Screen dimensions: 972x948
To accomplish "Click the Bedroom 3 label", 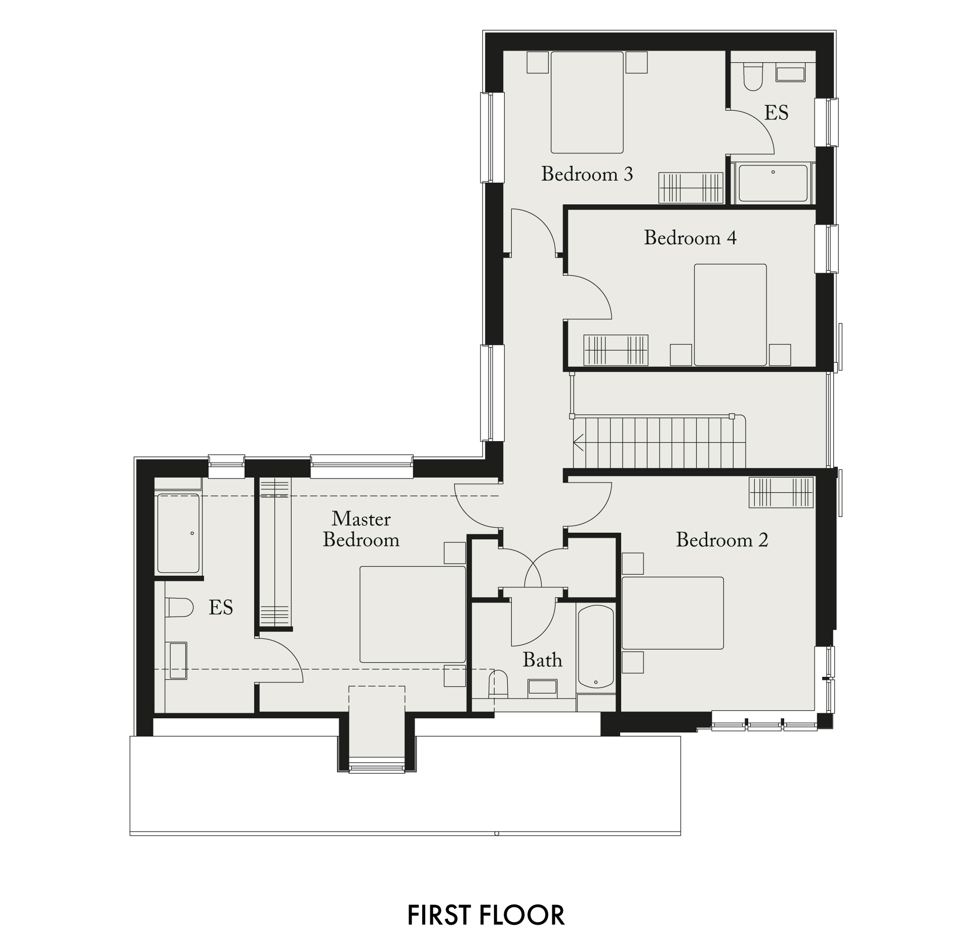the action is pyautogui.click(x=587, y=174).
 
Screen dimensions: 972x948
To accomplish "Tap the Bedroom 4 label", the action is pyautogui.click(x=690, y=238).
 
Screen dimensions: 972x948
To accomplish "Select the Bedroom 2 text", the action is pyautogui.click(x=722, y=540).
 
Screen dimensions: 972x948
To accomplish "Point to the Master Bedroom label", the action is pyautogui.click(x=361, y=529).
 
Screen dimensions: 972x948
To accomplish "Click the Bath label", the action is pyautogui.click(x=542, y=660).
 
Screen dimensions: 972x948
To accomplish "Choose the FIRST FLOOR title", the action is pyautogui.click(x=486, y=915).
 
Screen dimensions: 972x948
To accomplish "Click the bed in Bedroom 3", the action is pyautogui.click(x=587, y=102).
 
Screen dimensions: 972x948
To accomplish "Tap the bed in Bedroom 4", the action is pyautogui.click(x=730, y=315).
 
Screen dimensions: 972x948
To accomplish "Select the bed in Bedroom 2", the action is pyautogui.click(x=673, y=613).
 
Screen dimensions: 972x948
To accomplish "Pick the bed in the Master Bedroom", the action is pyautogui.click(x=413, y=614).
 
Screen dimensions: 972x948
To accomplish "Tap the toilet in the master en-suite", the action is pyautogui.click(x=179, y=608).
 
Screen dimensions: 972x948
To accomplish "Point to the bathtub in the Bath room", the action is pyautogui.click(x=596, y=647).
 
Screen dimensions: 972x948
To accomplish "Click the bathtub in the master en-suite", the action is pyautogui.click(x=178, y=533).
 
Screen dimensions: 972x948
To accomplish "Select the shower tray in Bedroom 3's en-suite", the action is pyautogui.click(x=773, y=183).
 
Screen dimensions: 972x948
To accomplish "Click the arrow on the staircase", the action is pyautogui.click(x=579, y=442).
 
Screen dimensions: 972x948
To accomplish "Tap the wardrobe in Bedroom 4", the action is pyautogui.click(x=616, y=350).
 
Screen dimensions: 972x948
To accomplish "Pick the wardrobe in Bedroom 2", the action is pyautogui.click(x=781, y=492).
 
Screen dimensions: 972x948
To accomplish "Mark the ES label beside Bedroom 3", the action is pyautogui.click(x=776, y=113).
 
